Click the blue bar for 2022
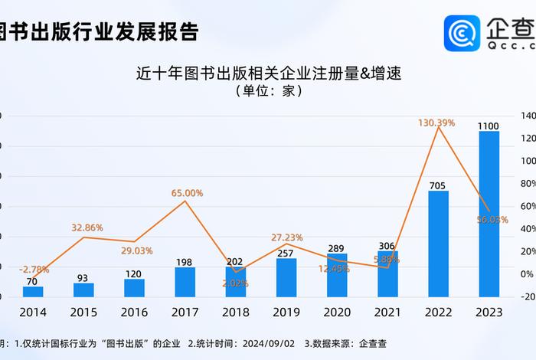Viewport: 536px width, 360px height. tap(438, 244)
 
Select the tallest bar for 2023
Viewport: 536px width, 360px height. tap(489, 214)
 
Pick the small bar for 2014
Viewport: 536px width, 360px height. tap(33, 291)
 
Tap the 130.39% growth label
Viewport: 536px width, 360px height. tap(436, 123)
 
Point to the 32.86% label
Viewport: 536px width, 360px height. tap(87, 227)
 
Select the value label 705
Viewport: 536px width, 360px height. tap(437, 185)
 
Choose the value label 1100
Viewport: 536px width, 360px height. tap(489, 126)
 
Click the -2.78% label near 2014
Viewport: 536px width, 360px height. tap(35, 268)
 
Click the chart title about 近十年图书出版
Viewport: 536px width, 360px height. tap(269, 74)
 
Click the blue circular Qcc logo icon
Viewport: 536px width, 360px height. tap(462, 34)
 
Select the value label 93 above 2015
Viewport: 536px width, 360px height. tap(83, 277)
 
